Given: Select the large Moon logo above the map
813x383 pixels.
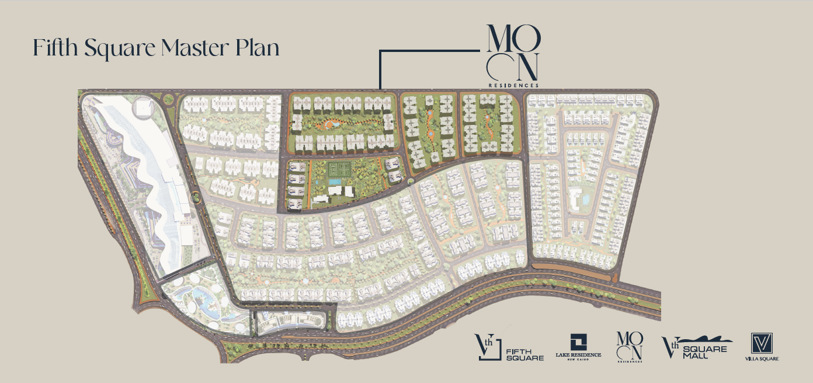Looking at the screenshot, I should point(512,53).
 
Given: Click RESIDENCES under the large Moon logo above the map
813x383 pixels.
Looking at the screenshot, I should point(513,85).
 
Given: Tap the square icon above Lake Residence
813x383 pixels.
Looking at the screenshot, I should point(577,341).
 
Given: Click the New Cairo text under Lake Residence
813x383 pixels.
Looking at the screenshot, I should point(577,360).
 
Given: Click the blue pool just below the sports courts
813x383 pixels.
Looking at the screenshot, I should point(335,182).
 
